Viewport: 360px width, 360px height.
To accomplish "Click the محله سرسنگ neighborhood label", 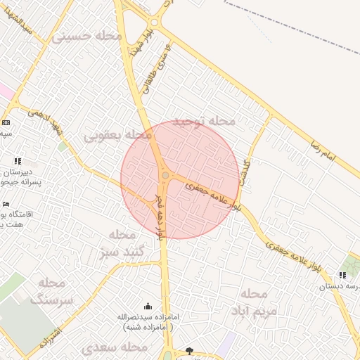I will coord(53,290).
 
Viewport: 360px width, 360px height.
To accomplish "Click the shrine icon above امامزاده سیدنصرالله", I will coord(148,307).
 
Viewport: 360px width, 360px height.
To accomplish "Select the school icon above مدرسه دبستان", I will coord(342,276).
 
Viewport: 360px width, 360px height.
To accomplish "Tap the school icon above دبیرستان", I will coord(17,161).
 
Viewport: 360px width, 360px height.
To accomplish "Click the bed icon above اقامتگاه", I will coord(6,204).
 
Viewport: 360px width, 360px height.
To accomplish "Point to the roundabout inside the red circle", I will coord(165,175).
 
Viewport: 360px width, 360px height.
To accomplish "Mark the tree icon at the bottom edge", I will coord(189,351).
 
